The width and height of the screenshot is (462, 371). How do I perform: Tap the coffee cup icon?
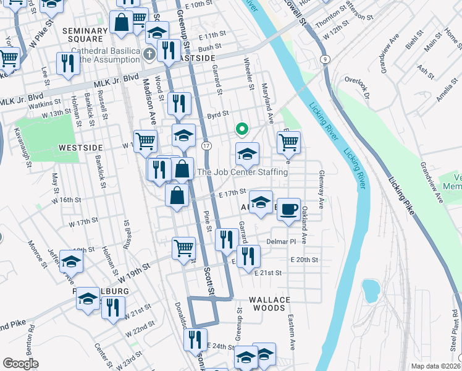pos(288,209)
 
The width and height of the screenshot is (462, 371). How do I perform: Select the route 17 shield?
pos(207,145)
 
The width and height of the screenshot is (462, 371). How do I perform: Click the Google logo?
pos(20,364)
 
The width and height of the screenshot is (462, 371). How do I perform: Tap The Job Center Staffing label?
pos(242,172)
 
